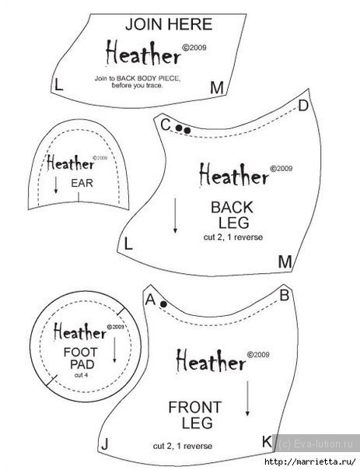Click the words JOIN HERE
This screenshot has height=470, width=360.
[x=169, y=25]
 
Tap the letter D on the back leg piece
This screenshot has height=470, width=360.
[x=303, y=105]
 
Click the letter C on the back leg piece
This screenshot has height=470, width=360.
[x=166, y=125]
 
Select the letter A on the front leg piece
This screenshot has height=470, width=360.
[x=150, y=300]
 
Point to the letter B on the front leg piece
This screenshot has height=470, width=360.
[x=284, y=296]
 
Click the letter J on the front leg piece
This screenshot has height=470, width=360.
[x=104, y=444]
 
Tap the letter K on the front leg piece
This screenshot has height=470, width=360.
[x=267, y=441]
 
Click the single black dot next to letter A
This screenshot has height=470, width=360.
[x=163, y=304]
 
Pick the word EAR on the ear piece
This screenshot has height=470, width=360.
[x=82, y=183]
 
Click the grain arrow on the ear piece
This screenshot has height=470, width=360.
[x=56, y=185]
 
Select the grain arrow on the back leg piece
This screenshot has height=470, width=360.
[x=175, y=216]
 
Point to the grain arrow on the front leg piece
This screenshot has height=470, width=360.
[x=247, y=398]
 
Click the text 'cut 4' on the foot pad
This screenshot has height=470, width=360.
[x=81, y=375]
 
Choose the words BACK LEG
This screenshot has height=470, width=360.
[x=232, y=215]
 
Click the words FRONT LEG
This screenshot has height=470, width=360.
[x=195, y=416]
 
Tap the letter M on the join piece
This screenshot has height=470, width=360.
[x=217, y=88]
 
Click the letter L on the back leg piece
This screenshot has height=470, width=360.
[x=128, y=245]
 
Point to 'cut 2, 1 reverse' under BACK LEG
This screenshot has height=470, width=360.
[x=233, y=237]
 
